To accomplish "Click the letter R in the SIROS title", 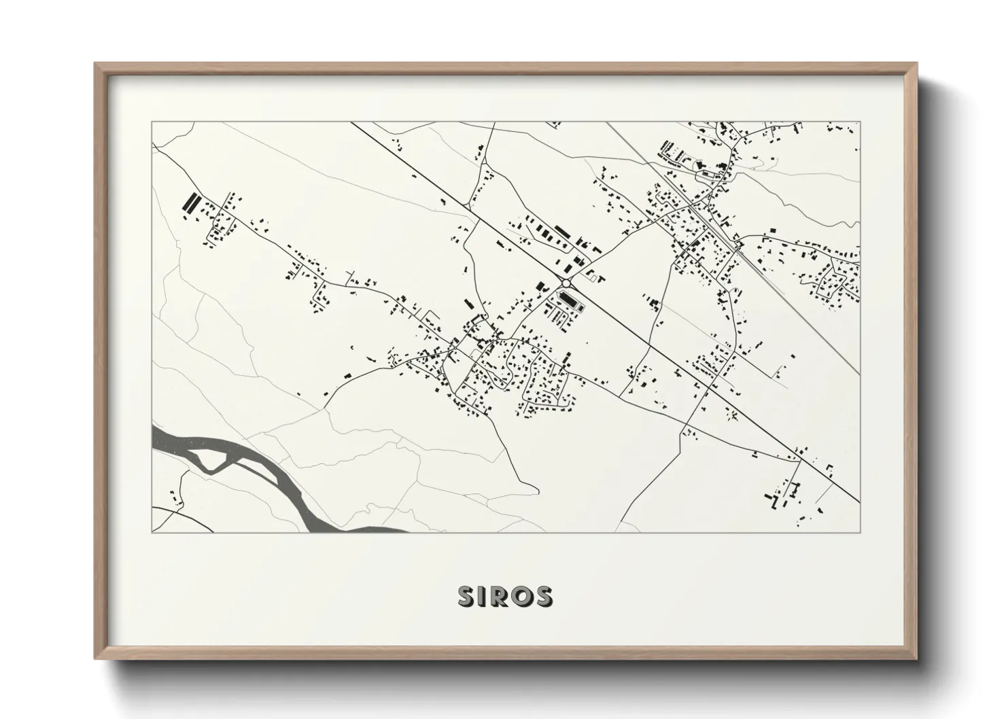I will pyautogui.click(x=498, y=596).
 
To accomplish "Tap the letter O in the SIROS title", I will pyautogui.click(x=520, y=596).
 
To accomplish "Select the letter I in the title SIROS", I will pyautogui.click(x=482, y=596).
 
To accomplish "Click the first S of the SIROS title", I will pyautogui.click(x=468, y=596).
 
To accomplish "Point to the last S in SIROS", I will pyautogui.click(x=542, y=596).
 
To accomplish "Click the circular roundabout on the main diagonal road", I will pyautogui.click(x=566, y=283).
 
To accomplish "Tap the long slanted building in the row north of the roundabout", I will pyautogui.click(x=561, y=232).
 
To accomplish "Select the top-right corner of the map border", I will pyautogui.click(x=860, y=122).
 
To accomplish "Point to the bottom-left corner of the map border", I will pyautogui.click(x=152, y=532).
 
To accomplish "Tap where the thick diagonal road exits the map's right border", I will pyautogui.click(x=859, y=503).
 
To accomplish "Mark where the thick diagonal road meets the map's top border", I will pyautogui.click(x=352, y=122).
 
